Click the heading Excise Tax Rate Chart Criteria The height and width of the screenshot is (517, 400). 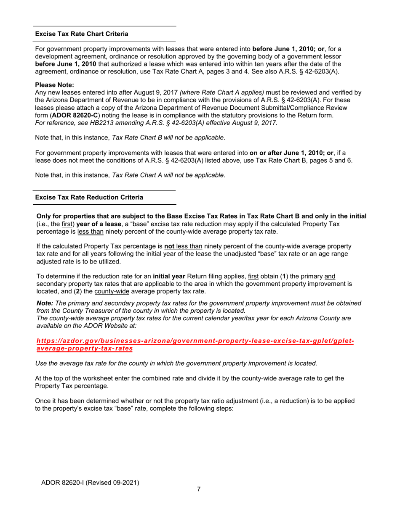[x=82, y=34]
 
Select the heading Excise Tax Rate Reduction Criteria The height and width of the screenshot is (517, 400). [x=89, y=197]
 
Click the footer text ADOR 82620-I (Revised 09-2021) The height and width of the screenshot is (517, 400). [x=90, y=483]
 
